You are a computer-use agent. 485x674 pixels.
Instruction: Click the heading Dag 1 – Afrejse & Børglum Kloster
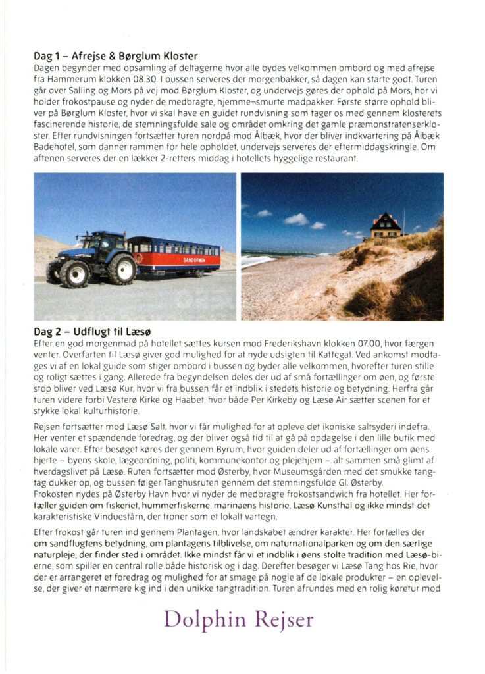(116, 57)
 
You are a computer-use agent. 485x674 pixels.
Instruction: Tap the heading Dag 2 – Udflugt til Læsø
(97, 331)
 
